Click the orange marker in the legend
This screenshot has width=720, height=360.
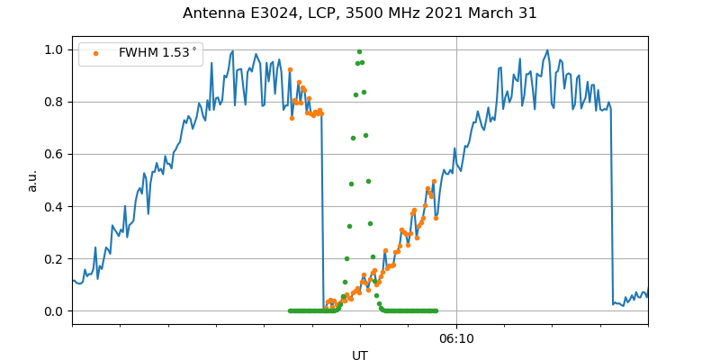click(95, 54)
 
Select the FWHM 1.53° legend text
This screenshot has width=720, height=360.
click(157, 53)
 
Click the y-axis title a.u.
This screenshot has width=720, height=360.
click(32, 180)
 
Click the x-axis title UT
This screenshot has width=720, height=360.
click(360, 355)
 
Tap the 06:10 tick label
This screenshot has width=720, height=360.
click(456, 339)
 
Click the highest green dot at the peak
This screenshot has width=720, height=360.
click(359, 51)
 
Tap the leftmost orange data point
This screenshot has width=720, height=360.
click(290, 69)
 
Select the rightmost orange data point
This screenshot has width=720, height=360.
click(436, 218)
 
